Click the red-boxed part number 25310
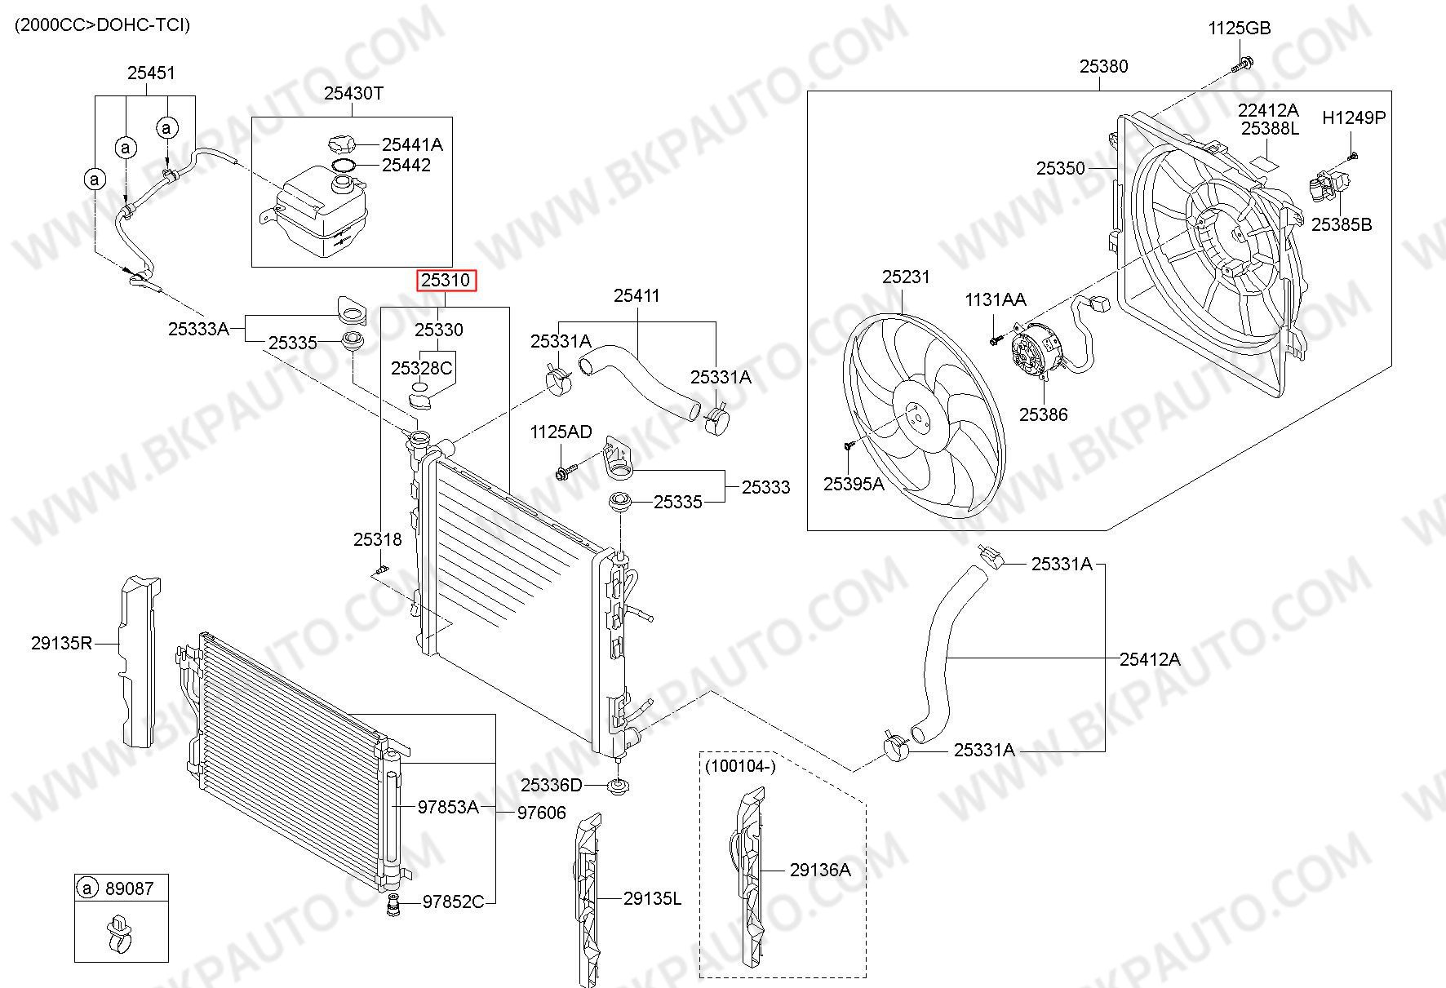446,281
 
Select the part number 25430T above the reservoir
353,93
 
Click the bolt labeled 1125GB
1244,61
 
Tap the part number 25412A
1150,659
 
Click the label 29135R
62,643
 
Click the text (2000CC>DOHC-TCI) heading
103,25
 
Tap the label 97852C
453,902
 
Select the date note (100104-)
739,766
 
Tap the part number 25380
1103,66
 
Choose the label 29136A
820,871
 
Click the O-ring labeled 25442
344,166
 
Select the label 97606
541,813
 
